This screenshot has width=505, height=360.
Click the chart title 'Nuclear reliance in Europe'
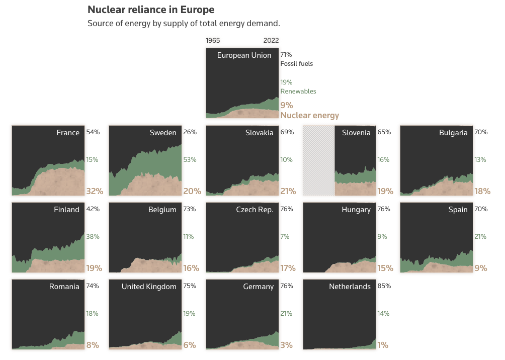tap(151, 10)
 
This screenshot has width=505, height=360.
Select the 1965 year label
tap(213, 41)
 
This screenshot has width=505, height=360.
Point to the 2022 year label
tap(271, 41)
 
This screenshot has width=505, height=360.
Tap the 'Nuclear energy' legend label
tap(309, 115)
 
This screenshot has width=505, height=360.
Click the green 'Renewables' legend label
tap(298, 92)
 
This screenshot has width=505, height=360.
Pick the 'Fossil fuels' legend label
tap(296, 64)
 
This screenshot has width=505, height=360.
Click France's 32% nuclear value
tap(95, 191)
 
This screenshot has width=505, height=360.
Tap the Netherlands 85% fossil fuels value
tap(384, 286)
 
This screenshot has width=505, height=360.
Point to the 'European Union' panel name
tap(244, 55)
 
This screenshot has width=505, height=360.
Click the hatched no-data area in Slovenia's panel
tap(319, 161)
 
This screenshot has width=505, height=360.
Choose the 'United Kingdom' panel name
tap(149, 287)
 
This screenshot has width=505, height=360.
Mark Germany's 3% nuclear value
tap(286, 345)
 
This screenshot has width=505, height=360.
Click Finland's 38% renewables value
tap(93, 237)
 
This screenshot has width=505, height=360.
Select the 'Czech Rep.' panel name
tap(255, 210)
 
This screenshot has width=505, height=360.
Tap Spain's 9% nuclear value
tap(480, 268)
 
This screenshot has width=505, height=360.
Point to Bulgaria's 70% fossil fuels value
tap(481, 132)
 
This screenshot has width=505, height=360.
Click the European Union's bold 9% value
tap(286, 105)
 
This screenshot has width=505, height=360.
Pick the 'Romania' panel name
tap(64, 287)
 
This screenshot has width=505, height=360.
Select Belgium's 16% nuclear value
tap(191, 268)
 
